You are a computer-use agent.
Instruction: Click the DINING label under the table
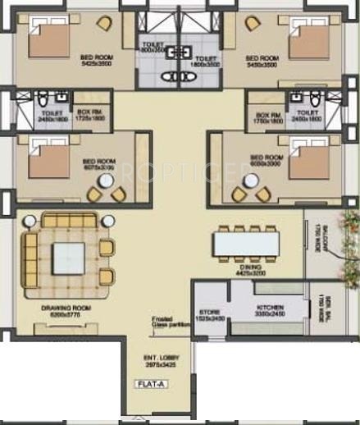(250, 269)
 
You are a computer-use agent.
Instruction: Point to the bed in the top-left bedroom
(52, 39)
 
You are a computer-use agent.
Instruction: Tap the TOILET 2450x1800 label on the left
(49, 114)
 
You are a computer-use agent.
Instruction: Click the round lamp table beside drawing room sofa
(30, 221)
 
